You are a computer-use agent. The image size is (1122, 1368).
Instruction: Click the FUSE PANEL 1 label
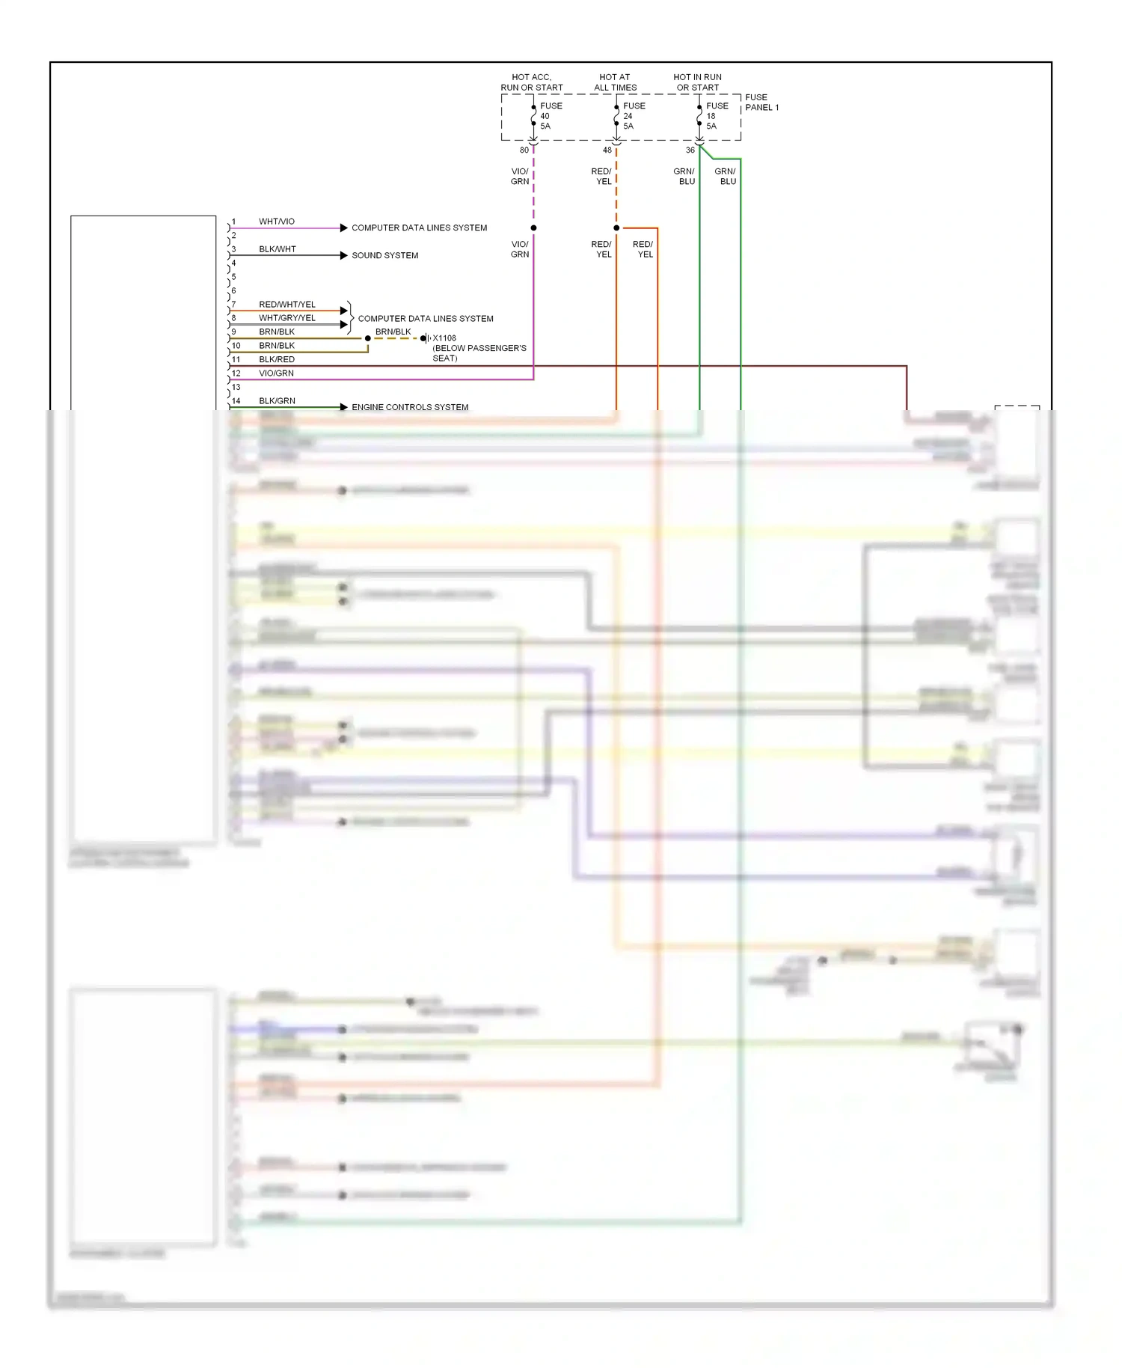coord(761,103)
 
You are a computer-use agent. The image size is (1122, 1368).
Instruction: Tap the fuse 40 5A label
coord(551,116)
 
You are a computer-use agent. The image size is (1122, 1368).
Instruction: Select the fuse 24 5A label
coord(634,116)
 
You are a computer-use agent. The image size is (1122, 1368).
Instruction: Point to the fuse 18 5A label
coord(717,116)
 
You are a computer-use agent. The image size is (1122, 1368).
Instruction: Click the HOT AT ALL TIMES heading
coord(615,82)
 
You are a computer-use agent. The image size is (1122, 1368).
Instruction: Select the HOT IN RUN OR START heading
coord(697,82)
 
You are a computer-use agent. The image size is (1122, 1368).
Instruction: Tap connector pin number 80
coord(524,150)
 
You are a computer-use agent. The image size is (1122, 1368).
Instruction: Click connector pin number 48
coord(607,150)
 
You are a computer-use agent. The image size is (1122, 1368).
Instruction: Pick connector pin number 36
coord(690,150)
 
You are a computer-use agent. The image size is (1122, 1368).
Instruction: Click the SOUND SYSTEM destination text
coord(384,256)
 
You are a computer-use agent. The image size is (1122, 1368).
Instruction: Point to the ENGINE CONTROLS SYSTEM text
coord(410,407)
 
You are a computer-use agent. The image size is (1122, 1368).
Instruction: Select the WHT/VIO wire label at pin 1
coord(277,222)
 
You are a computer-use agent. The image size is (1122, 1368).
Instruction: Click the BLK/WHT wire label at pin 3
coord(278,249)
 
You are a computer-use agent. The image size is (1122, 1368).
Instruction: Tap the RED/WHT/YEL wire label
coord(287,305)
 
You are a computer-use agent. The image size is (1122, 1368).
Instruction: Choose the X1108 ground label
coord(444,338)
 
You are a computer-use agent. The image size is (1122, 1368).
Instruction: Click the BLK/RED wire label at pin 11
coord(277,359)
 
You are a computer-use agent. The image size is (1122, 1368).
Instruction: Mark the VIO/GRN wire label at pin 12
coord(276,373)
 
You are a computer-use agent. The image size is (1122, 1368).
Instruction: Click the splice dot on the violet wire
coord(533,228)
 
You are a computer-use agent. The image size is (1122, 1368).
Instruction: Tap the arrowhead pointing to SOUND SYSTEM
coord(343,255)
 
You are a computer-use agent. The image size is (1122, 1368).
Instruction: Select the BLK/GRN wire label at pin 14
coord(277,401)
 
